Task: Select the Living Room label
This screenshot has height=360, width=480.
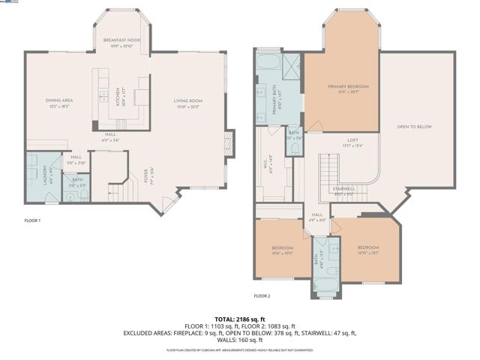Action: [x=188, y=103]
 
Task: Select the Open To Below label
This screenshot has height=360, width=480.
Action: [x=415, y=127]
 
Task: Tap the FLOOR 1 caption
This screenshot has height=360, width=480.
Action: [x=31, y=220]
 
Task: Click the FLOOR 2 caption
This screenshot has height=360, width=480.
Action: [x=261, y=296]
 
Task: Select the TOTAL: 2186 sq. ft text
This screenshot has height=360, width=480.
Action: [x=240, y=318]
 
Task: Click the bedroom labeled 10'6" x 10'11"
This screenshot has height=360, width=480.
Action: [x=283, y=250]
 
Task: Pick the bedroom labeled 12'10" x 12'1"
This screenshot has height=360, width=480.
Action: [x=367, y=250]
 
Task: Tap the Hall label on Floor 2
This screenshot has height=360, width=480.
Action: [x=316, y=217]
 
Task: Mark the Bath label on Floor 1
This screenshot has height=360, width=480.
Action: [x=77, y=182]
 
